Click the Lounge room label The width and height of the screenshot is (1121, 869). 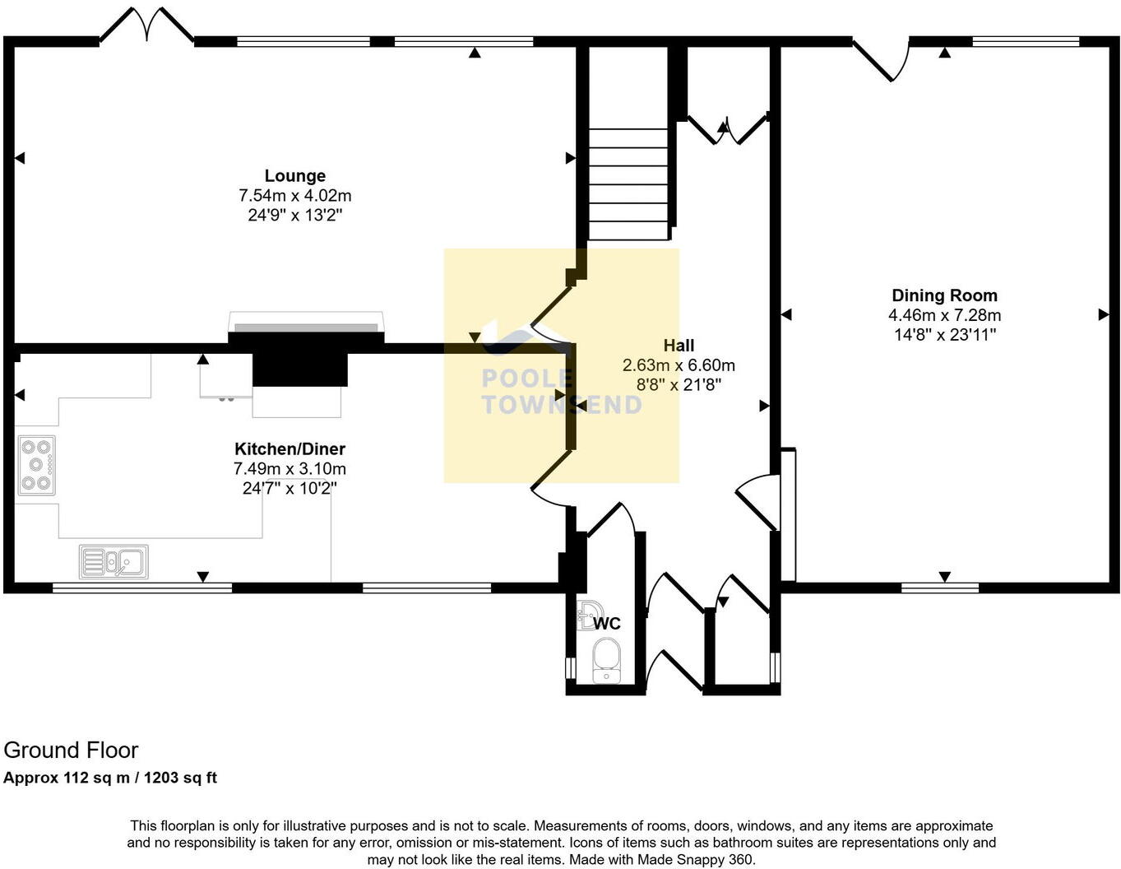click(294, 175)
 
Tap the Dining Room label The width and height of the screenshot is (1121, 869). click(944, 295)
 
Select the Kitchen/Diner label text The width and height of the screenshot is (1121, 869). click(290, 448)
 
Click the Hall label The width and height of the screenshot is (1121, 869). click(679, 346)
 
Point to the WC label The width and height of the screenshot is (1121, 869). click(607, 624)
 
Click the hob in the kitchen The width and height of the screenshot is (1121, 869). click(36, 465)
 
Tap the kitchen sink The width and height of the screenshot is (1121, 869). click(113, 562)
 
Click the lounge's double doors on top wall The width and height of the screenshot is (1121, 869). click(146, 25)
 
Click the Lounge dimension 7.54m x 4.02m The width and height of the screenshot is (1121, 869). click(294, 196)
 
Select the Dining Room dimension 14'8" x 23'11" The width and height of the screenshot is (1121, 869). click(944, 335)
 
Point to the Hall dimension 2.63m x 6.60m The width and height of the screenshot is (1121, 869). click(679, 365)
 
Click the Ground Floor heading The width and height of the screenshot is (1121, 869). click(71, 750)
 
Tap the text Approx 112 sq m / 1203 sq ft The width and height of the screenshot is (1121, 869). click(110, 778)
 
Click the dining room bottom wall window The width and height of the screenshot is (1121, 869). click(939, 588)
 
